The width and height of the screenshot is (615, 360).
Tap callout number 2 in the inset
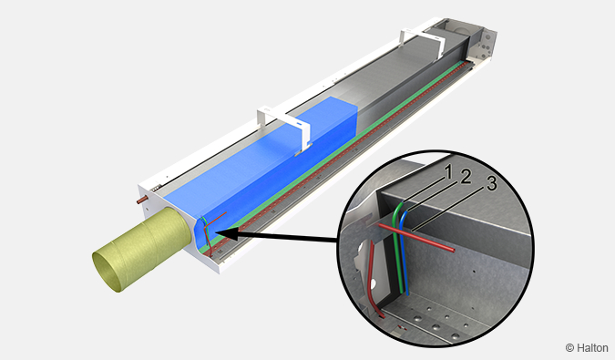466,177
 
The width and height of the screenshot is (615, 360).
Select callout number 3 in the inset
491,183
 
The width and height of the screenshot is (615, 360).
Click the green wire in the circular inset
398,247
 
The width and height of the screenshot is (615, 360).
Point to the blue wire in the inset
405,251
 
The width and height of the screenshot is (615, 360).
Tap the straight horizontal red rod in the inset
416,237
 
